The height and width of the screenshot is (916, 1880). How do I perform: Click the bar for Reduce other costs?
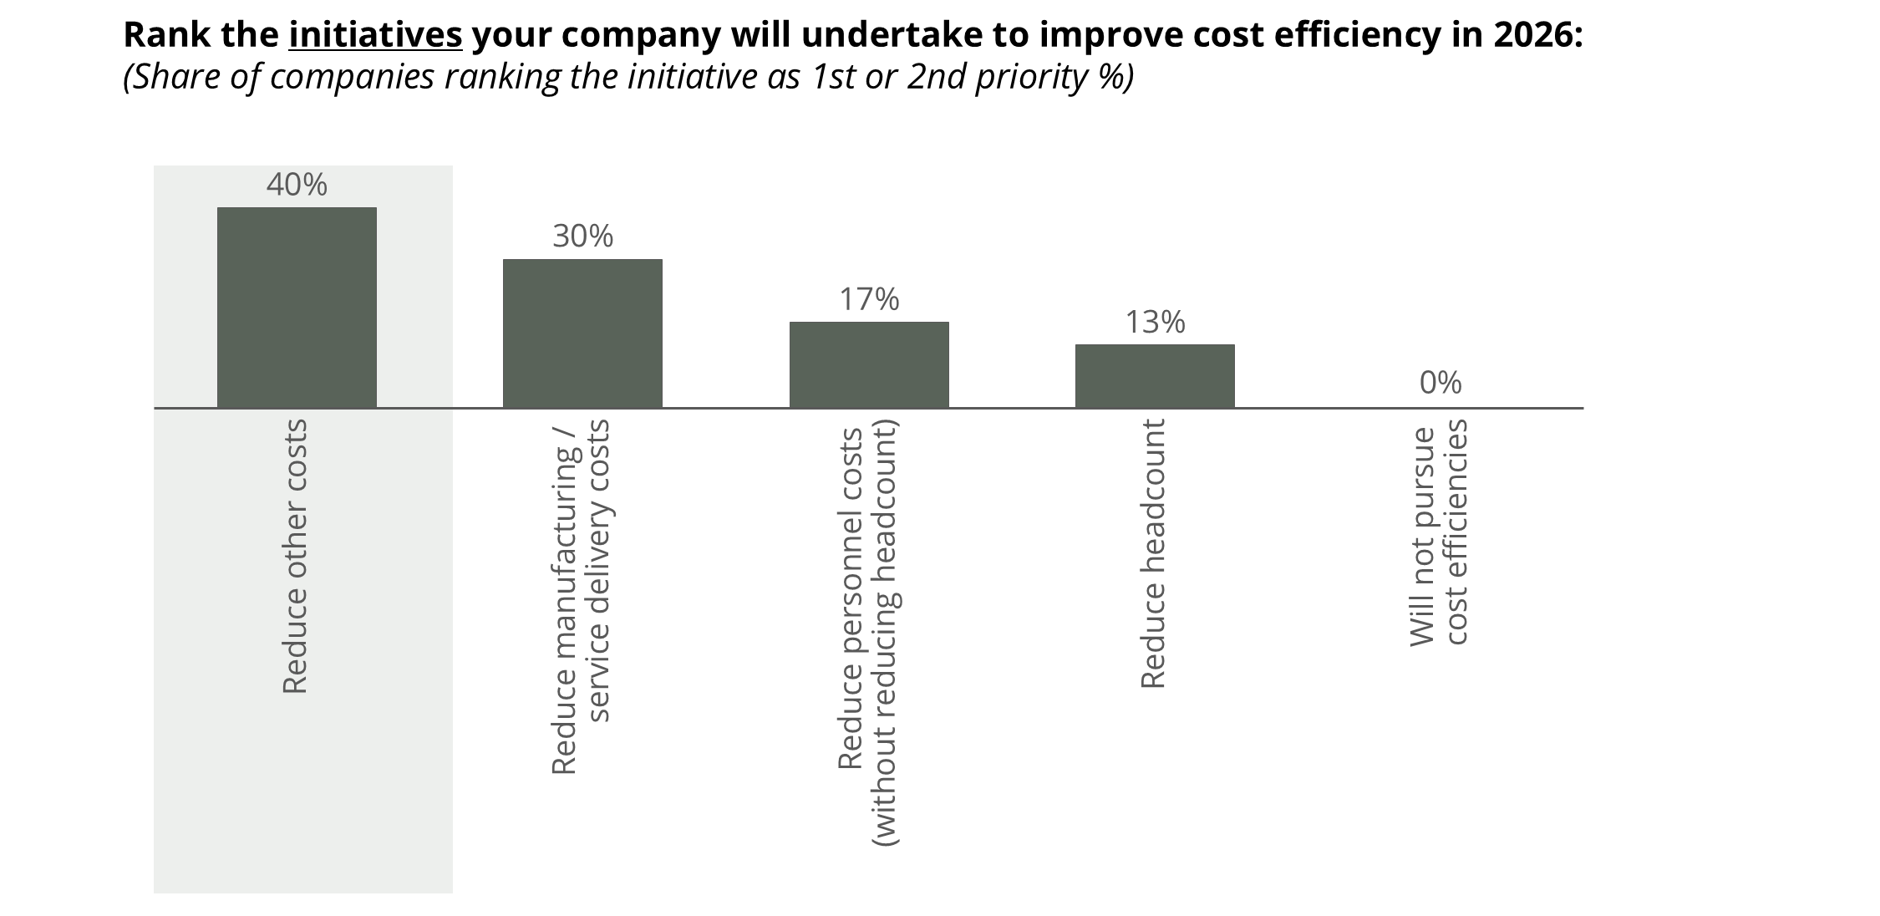point(297,308)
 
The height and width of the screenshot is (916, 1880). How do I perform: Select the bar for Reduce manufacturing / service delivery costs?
point(582,333)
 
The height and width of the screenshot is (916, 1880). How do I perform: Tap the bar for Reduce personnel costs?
point(869,364)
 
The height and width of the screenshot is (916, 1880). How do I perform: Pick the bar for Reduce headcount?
point(1155,376)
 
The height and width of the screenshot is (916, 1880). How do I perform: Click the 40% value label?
point(297,185)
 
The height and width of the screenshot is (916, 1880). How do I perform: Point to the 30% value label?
point(582,237)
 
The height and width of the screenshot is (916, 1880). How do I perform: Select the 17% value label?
point(869,299)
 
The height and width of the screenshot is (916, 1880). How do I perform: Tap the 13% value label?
point(1155,322)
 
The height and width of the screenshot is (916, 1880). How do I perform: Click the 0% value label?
point(1440,383)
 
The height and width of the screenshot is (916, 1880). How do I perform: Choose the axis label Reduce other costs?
point(296,556)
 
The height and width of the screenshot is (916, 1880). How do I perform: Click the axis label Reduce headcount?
point(1153,554)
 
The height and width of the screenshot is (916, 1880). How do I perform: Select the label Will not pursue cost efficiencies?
point(1439,532)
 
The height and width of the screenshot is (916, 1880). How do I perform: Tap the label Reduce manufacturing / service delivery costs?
point(582,597)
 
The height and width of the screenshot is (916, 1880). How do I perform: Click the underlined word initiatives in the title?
point(375,35)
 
